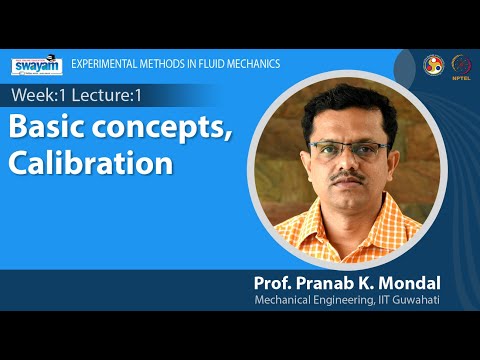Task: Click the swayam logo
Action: click(x=36, y=65)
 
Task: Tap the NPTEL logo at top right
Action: click(x=461, y=65)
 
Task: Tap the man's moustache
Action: click(x=348, y=177)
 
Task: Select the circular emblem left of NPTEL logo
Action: click(x=433, y=65)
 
